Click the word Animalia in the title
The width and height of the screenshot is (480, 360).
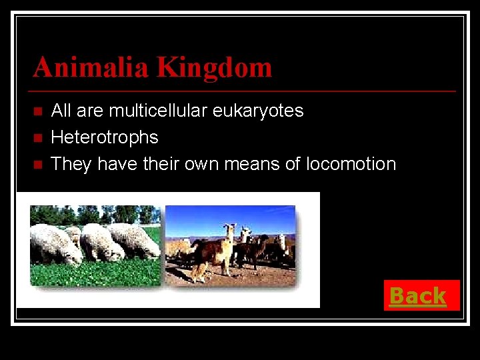point(91,67)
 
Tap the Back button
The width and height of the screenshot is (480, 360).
point(418,295)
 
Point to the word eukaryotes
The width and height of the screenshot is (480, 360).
point(258,110)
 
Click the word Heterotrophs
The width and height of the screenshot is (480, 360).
point(105,137)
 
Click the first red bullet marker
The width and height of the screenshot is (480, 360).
point(37,111)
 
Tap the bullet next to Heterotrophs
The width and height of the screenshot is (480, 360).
point(37,137)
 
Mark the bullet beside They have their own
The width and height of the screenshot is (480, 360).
point(37,164)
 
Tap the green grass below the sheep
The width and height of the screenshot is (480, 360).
point(93,273)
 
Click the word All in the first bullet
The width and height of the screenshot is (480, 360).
point(61,110)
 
